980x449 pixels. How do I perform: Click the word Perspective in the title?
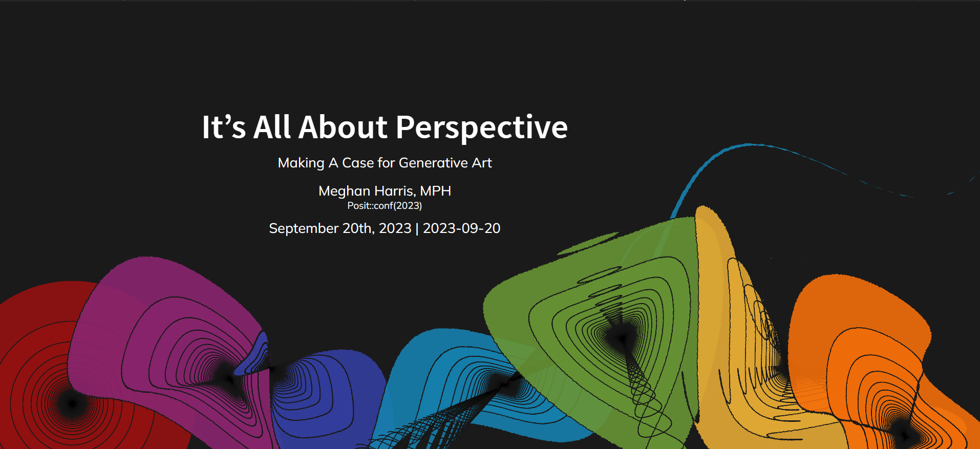pos(482,128)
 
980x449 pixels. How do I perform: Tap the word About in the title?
pos(343,127)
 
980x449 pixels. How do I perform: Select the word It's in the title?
pos(224,127)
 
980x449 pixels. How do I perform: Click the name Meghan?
pos(344,191)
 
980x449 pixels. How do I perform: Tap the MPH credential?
pos(435,191)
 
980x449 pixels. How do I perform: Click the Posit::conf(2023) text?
pos(385,206)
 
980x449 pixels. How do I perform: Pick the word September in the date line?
pos(304,228)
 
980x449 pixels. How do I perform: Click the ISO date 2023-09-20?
pos(461,228)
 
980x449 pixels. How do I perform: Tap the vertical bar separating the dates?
pos(417,228)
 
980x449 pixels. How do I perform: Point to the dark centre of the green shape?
pos(622,337)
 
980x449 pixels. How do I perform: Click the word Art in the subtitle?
pos(482,163)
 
